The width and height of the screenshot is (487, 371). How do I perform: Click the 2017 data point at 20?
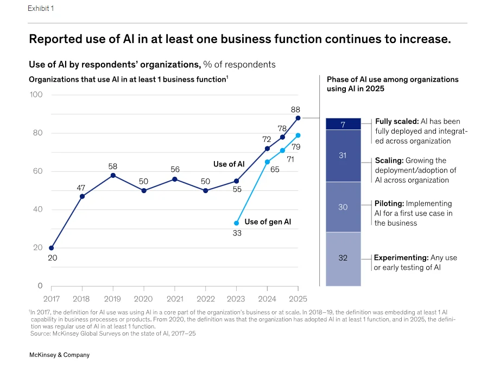(51, 248)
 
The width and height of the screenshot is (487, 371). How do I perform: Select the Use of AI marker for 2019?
(113, 176)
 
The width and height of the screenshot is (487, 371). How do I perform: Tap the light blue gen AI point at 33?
(236, 223)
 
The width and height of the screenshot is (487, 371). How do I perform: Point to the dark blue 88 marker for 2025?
(298, 118)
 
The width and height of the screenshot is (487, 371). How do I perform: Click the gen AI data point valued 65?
(267, 162)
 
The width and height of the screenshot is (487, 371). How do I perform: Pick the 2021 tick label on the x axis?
(175, 299)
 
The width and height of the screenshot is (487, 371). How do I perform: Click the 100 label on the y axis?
(36, 95)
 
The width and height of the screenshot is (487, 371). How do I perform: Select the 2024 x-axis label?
(267, 299)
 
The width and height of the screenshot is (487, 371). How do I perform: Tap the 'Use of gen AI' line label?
(268, 221)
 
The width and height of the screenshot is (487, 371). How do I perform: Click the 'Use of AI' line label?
(229, 164)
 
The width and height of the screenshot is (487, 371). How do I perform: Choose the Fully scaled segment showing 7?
(343, 124)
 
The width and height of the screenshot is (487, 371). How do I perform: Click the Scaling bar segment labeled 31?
(343, 156)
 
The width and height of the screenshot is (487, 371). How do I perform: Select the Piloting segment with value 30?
(343, 207)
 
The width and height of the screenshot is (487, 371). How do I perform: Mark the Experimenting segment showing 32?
(343, 259)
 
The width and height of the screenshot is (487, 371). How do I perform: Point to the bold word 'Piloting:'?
(389, 203)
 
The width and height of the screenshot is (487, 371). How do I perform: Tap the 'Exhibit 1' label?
(41, 8)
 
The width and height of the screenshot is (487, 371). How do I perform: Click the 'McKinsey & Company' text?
(59, 355)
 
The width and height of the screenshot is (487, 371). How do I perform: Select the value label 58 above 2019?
(113, 166)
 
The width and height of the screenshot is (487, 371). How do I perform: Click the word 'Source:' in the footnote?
(41, 333)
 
